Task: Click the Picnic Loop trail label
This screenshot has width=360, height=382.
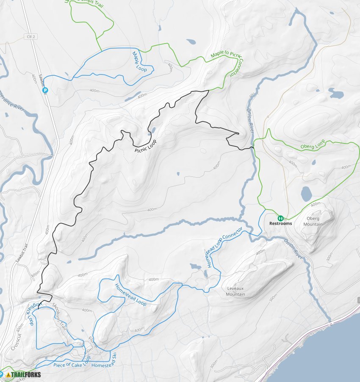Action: click(x=145, y=146)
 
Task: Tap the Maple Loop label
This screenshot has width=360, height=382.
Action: click(x=139, y=62)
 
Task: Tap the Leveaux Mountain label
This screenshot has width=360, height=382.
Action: click(x=236, y=291)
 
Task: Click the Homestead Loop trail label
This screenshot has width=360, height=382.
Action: click(x=130, y=295)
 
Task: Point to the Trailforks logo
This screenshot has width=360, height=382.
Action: click(x=21, y=374)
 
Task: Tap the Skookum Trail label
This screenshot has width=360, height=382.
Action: click(x=59, y=317)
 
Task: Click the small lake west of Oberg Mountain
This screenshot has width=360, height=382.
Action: click(x=306, y=194)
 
